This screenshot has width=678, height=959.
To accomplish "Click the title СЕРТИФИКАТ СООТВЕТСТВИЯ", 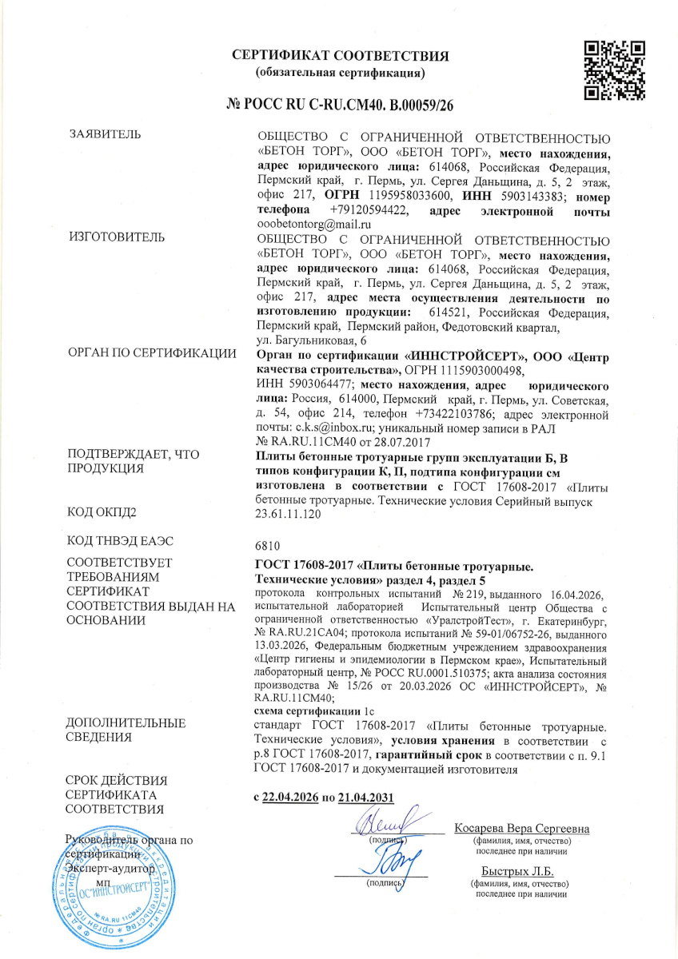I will coord(340,56).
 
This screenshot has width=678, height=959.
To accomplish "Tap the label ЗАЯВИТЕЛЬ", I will coord(105,133).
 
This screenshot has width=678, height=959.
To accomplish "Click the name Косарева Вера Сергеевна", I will coord(521,829).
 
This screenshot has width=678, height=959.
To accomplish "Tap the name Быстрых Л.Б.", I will coord(519,871).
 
